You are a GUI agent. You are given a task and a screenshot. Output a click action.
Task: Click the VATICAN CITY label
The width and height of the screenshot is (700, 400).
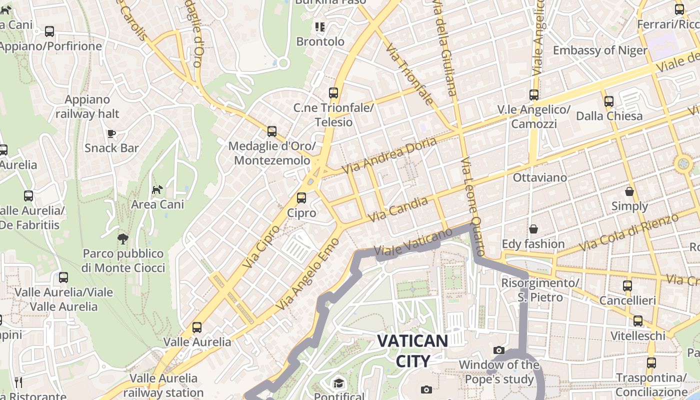(412, 350)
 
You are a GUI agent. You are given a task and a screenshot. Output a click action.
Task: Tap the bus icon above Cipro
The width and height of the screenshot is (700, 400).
(301, 198)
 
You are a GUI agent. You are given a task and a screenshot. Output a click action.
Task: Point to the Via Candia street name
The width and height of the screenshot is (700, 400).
(398, 209)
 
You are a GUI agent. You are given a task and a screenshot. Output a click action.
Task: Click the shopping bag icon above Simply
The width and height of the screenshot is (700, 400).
(629, 191)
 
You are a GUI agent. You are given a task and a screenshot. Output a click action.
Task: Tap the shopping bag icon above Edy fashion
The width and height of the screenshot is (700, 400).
(533, 229)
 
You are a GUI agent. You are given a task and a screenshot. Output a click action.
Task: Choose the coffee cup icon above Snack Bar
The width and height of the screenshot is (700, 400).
(111, 133)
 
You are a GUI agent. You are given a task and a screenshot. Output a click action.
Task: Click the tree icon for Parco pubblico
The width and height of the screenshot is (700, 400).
(122, 239)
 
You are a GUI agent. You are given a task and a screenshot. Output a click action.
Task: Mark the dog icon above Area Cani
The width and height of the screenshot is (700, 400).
(157, 189)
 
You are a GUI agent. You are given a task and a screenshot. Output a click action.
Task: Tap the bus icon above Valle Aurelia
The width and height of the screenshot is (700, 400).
(197, 327)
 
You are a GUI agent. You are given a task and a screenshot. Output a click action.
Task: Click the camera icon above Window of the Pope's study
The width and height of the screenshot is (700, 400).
(498, 350)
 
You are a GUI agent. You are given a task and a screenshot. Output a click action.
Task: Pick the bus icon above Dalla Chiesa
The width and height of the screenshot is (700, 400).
(608, 101)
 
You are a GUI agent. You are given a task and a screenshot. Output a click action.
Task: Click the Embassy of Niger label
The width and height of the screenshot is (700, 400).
(600, 50)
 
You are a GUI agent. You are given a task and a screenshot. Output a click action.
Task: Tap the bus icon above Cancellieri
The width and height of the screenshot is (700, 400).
(627, 286)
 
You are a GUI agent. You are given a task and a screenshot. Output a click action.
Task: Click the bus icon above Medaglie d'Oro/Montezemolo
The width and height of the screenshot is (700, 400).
(272, 131)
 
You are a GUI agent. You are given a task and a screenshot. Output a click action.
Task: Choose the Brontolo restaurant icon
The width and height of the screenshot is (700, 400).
(320, 26)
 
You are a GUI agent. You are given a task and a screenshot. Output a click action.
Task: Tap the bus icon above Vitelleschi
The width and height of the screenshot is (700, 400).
(638, 321)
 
